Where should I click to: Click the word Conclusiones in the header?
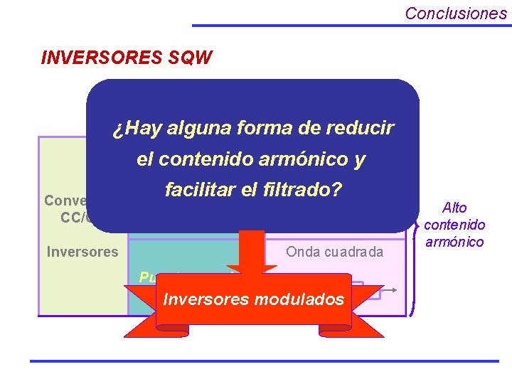[456, 13]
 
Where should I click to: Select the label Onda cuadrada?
[334, 252]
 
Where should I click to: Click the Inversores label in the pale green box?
[82, 252]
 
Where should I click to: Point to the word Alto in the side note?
[454, 208]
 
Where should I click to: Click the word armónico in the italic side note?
[454, 242]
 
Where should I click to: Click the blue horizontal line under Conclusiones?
[351, 25]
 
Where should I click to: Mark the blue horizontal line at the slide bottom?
[264, 361]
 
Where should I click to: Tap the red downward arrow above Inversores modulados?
[258, 256]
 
